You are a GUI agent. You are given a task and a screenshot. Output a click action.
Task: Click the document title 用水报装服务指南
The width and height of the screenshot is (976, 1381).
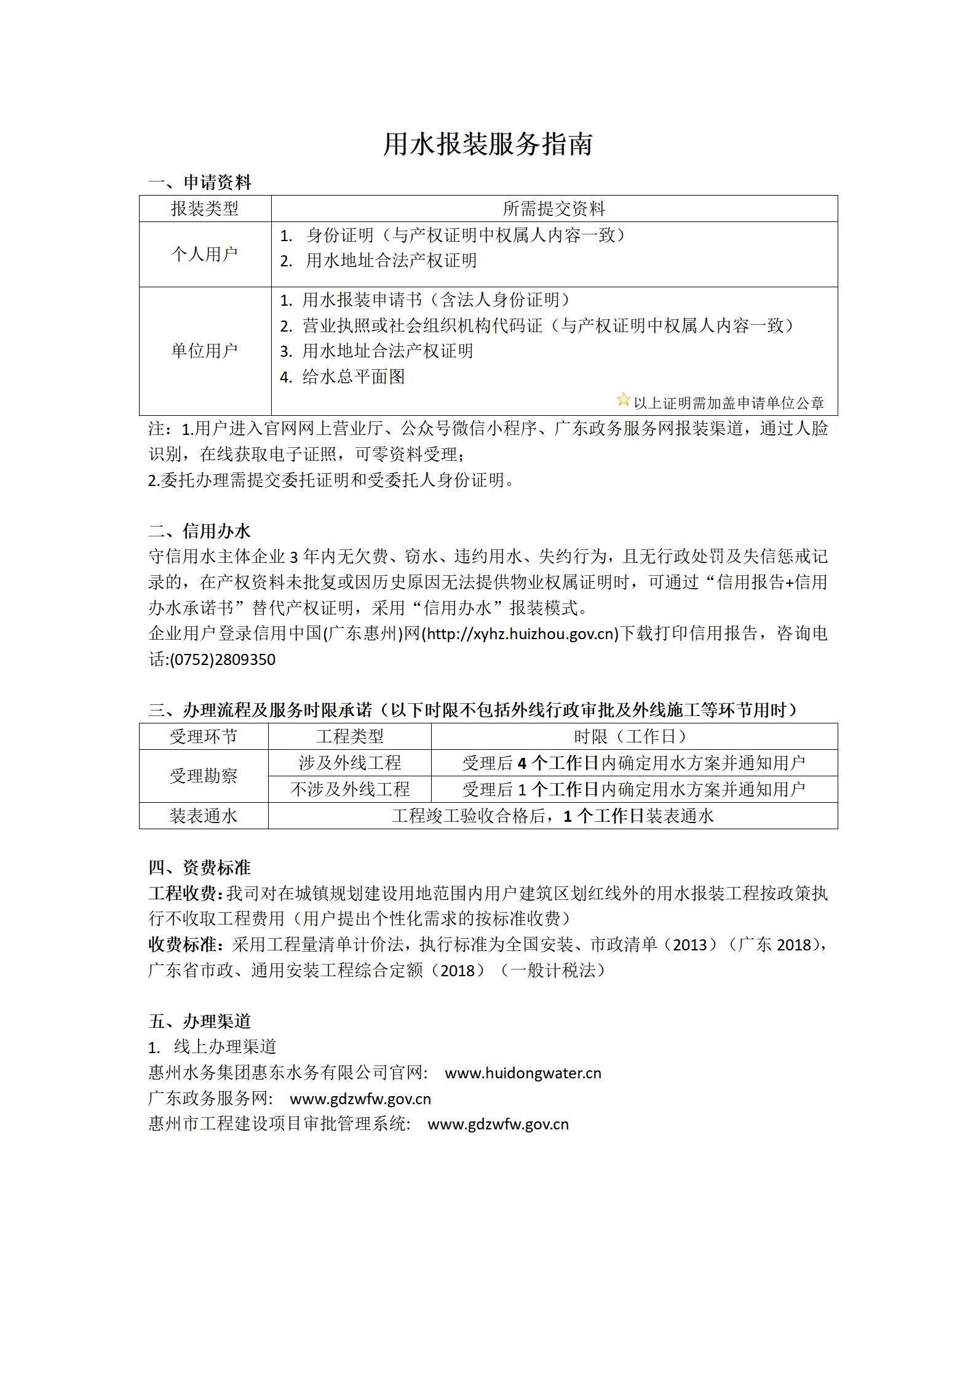488,145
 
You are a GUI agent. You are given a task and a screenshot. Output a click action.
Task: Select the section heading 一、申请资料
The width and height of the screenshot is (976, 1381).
200,182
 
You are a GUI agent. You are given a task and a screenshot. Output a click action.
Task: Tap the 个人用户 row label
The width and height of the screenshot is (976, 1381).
204,253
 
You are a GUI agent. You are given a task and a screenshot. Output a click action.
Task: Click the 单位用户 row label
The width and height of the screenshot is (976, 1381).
204,351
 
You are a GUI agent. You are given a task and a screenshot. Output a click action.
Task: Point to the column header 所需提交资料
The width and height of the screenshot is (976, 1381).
553,209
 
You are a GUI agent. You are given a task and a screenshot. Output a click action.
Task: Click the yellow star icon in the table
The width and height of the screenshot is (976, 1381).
623,400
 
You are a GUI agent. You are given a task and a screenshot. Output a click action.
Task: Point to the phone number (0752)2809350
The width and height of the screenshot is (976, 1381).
222,659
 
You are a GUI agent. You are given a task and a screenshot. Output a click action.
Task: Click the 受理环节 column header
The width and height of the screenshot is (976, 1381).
204,736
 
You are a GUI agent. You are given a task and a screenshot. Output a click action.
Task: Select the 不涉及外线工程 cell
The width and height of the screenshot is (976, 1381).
349,789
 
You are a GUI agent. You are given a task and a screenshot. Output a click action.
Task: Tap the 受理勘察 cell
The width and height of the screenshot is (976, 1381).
204,776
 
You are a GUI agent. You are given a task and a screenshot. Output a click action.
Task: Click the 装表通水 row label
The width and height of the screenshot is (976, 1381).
204,816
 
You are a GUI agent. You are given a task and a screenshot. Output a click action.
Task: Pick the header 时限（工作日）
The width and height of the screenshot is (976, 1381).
633,736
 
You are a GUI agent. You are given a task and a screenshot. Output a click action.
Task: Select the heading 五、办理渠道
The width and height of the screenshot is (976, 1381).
200,1021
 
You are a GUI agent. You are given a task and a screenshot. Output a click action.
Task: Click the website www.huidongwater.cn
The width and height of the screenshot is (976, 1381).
523,1073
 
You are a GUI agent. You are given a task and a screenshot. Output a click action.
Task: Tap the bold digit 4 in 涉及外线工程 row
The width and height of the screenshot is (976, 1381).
522,763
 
